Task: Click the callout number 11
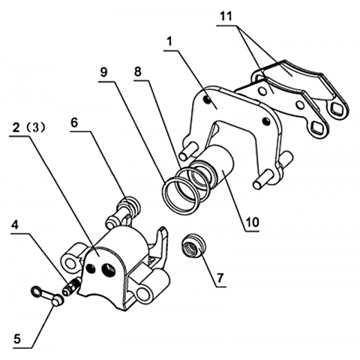(x=226, y=16)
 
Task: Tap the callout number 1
(x=169, y=42)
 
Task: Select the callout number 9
(x=103, y=72)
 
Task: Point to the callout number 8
(x=138, y=72)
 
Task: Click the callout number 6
(x=74, y=122)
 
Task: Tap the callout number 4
(x=15, y=225)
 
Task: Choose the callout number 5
(x=17, y=339)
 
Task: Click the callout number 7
(x=220, y=277)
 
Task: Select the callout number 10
(x=252, y=222)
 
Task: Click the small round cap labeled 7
(x=193, y=246)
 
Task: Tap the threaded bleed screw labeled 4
(x=71, y=287)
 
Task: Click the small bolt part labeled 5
(x=47, y=295)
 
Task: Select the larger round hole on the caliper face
(x=109, y=270)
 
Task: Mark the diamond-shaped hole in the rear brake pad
(x=336, y=108)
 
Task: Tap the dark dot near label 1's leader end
(x=206, y=100)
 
